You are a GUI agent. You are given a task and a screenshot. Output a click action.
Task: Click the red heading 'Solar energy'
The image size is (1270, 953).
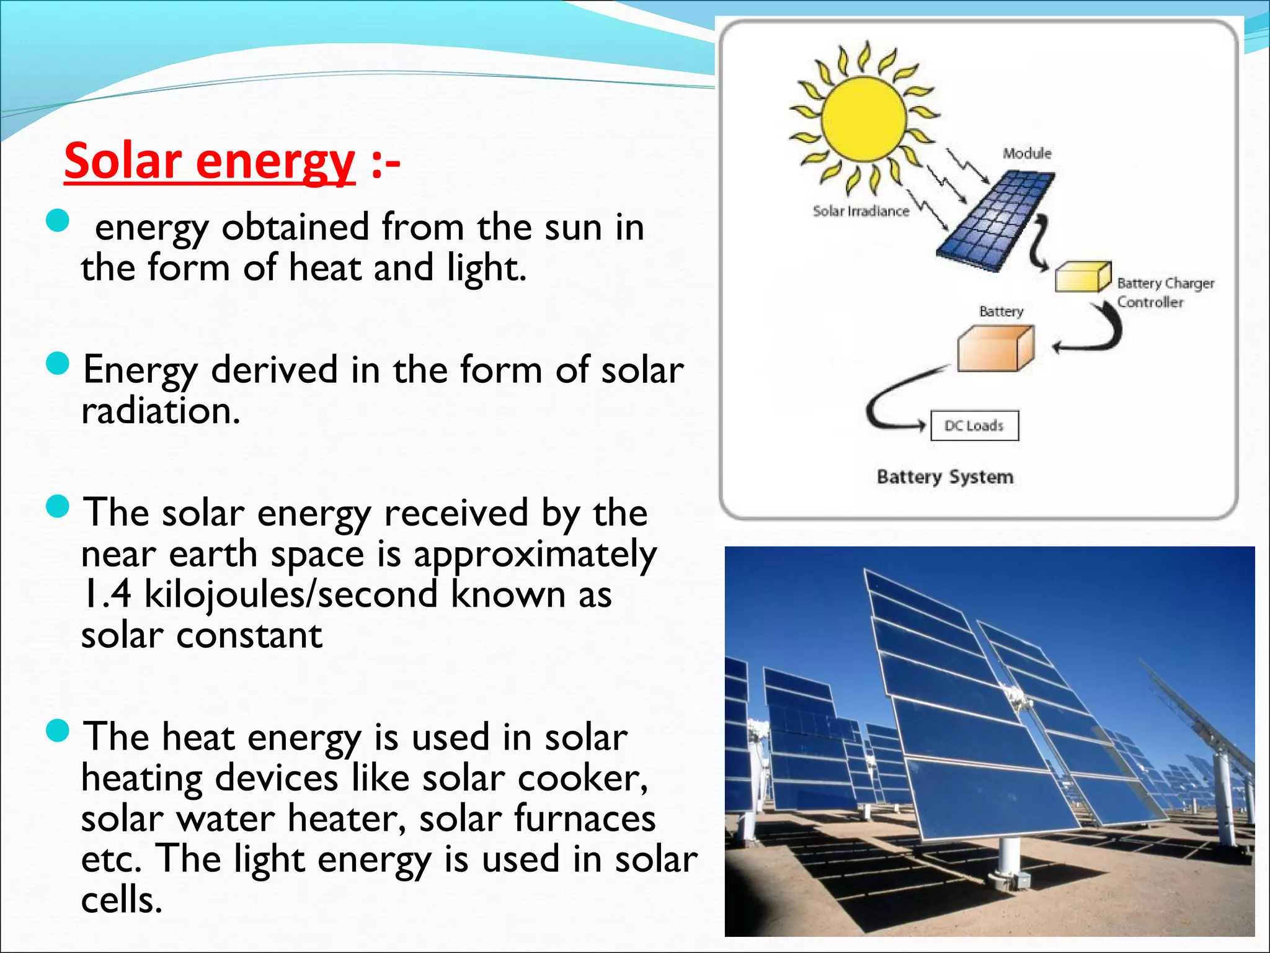tap(210, 161)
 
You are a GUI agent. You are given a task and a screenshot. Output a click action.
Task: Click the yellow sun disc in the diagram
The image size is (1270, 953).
tap(864, 119)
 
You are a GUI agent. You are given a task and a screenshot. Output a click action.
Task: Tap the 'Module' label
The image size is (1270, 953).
tap(1027, 153)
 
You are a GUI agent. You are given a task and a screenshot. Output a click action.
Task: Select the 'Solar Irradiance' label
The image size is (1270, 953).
tap(861, 212)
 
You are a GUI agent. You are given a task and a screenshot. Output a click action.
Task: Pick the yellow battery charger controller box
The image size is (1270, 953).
tap(1082, 277)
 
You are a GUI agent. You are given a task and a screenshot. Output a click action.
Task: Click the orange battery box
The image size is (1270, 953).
tap(995, 349)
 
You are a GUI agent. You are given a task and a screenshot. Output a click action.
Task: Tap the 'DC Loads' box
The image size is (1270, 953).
tap(974, 426)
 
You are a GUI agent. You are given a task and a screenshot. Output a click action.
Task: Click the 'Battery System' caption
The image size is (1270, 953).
tap(944, 477)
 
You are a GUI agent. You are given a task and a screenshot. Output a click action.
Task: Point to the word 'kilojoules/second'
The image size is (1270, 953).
tap(291, 594)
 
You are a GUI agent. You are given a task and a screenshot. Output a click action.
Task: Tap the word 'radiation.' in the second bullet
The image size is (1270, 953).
tap(161, 411)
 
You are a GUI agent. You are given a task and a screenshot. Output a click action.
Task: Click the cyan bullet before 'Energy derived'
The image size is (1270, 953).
tap(58, 364)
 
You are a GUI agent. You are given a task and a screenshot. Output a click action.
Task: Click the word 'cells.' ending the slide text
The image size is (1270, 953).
tap(122, 900)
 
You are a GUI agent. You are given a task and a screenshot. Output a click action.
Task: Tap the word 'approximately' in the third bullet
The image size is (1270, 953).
tap(535, 554)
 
